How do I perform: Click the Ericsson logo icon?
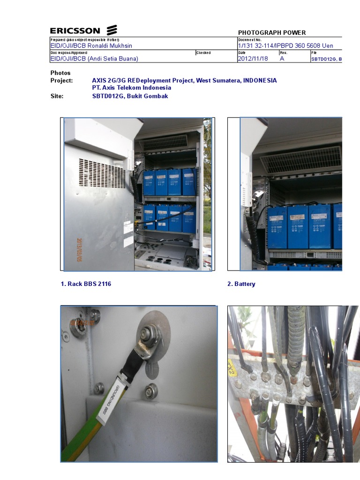pyautogui.click(x=111, y=31)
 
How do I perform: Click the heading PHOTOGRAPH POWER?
pyautogui.click(x=272, y=33)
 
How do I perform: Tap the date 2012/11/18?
pyautogui.click(x=253, y=59)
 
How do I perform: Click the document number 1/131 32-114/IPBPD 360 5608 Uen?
pyautogui.click(x=285, y=46)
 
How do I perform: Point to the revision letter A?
pyautogui.click(x=282, y=59)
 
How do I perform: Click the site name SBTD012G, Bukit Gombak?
pyautogui.click(x=130, y=96)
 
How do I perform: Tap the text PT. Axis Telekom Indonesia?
pyautogui.click(x=131, y=88)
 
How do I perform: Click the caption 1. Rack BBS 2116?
pyautogui.click(x=86, y=284)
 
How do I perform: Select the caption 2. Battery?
pyautogui.click(x=241, y=284)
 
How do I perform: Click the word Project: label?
pyautogui.click(x=61, y=81)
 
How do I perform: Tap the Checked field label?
pyautogui.click(x=203, y=53)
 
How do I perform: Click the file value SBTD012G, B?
pyautogui.click(x=327, y=59)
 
